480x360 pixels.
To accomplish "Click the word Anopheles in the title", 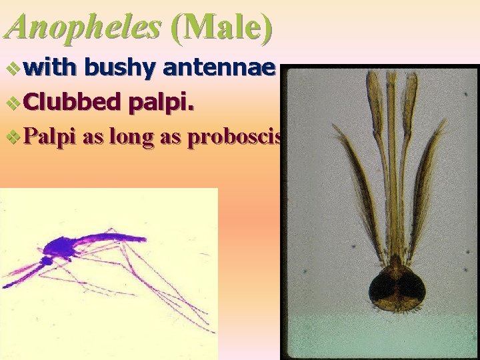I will point(83,27).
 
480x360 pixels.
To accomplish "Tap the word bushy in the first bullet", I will point(121,67).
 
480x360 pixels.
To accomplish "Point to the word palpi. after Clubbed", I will point(163,102).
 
